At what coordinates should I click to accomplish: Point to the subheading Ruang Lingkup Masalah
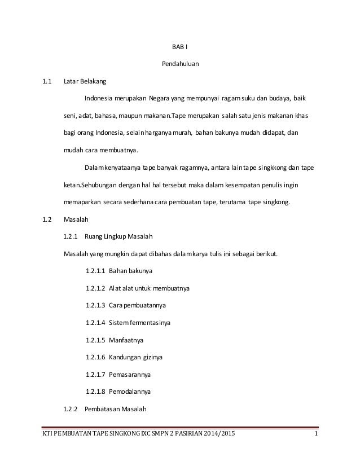point(118,236)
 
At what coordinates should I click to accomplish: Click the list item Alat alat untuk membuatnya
point(149,288)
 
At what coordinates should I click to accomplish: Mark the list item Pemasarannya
point(130,374)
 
